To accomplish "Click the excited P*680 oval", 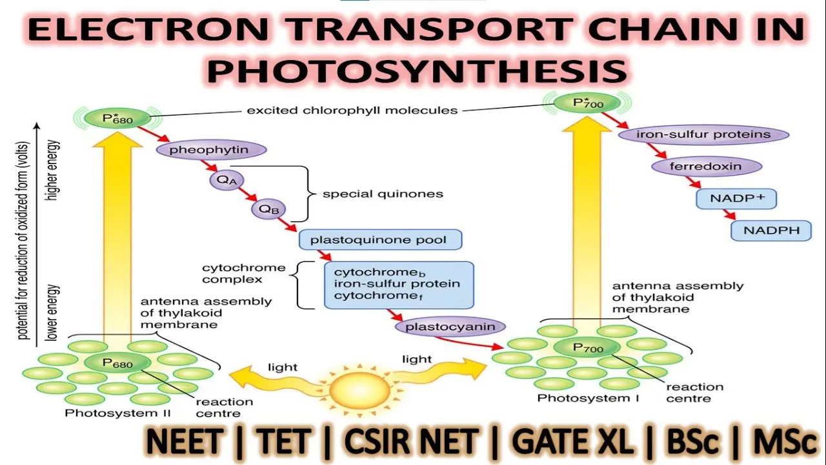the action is [117, 118].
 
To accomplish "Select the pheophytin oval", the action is [211, 150].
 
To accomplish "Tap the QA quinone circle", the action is [227, 180].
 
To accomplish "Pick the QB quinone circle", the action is [268, 209].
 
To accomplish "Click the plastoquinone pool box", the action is [380, 240].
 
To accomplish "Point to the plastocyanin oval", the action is [450, 327].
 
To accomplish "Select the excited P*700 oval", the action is [587, 103].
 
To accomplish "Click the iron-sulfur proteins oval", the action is [703, 134].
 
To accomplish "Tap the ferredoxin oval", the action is [707, 167].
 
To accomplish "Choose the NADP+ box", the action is [736, 198].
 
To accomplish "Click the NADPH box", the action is [771, 231].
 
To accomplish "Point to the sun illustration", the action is [359, 390].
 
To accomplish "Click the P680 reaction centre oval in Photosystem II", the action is [117, 363].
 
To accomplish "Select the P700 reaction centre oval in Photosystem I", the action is [587, 347].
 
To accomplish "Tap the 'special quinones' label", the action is [383, 194].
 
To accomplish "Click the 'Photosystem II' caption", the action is [117, 413].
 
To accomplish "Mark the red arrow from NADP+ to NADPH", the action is [729, 215].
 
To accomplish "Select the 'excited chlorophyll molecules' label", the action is [352, 110].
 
